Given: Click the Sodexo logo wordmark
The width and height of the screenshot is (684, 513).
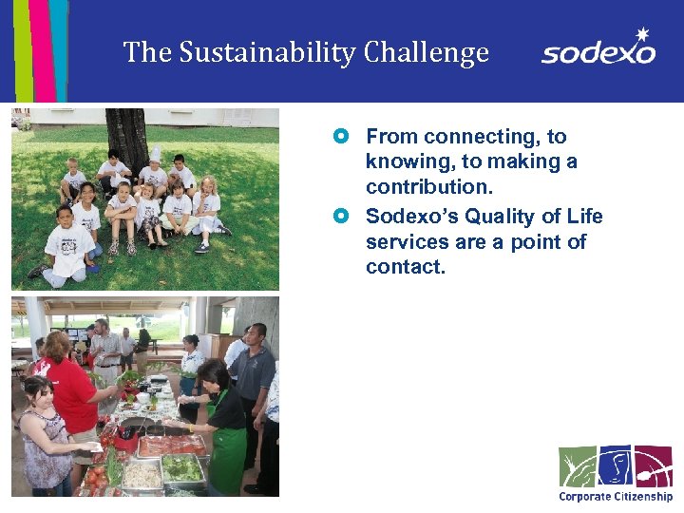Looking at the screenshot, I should click(598, 52).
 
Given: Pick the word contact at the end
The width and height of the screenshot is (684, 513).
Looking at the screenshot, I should click(405, 267).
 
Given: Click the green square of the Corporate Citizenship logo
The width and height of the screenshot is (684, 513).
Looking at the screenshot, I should click(577, 465).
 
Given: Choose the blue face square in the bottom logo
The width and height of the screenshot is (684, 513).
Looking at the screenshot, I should click(615, 465).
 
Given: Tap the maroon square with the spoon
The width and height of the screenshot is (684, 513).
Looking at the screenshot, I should click(653, 465).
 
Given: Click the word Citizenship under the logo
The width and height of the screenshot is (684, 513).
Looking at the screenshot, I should click(643, 496).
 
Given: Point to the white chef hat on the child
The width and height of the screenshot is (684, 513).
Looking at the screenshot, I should click(154, 155).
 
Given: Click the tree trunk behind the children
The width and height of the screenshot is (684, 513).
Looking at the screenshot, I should click(126, 138).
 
